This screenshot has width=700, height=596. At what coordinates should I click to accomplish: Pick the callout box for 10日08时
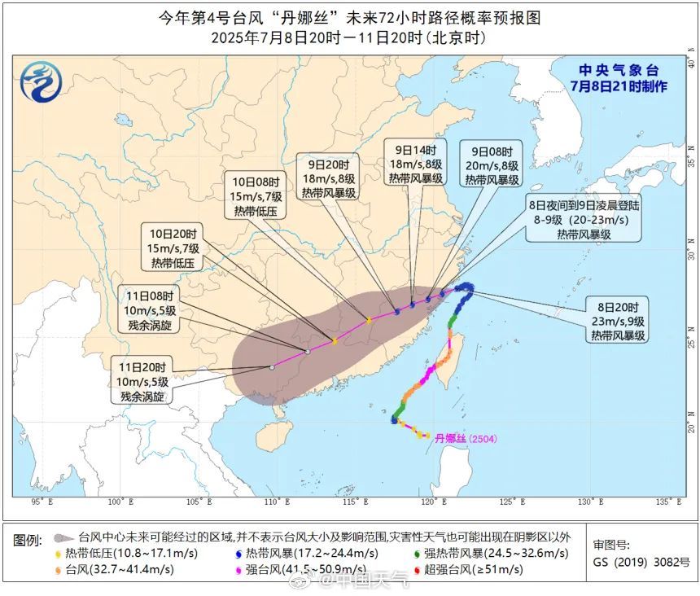pos(257,197)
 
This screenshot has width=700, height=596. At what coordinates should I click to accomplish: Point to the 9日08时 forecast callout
pos(492,164)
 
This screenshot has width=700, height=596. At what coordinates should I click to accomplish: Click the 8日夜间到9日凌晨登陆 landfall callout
pos(584,221)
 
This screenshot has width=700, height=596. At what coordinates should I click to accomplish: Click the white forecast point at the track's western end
pos(272,367)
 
